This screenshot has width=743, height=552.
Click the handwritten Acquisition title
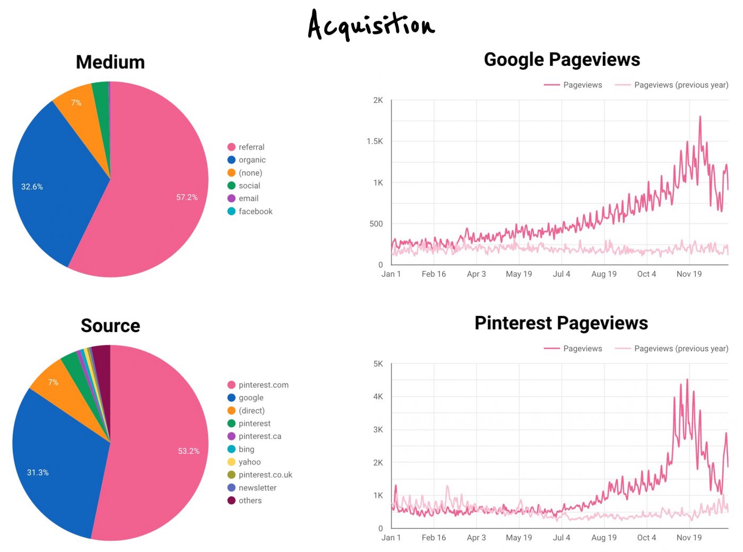(371, 25)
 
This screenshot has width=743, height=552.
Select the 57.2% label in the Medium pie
(187, 197)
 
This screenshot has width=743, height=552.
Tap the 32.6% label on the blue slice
(32, 187)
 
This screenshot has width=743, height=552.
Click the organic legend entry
(252, 160)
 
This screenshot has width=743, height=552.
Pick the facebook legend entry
(255, 211)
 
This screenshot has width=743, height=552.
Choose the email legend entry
(248, 198)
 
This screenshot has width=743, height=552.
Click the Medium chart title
(110, 62)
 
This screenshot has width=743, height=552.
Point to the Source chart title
(110, 326)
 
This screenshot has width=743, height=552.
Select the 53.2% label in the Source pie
(188, 451)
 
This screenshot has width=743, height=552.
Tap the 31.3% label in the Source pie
(38, 472)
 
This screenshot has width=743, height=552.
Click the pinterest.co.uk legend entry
(265, 475)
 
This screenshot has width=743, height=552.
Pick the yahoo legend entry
(249, 462)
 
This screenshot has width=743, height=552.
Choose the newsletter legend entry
(257, 488)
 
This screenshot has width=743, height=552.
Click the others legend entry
(250, 501)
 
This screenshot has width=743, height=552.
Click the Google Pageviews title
(561, 59)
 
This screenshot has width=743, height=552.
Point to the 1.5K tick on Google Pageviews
(375, 142)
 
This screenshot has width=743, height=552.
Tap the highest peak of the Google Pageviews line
(700, 117)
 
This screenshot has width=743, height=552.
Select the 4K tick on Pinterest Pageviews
(378, 397)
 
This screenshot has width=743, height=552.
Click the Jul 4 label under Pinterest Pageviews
(561, 538)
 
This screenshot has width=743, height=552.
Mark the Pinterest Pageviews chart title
(561, 323)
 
